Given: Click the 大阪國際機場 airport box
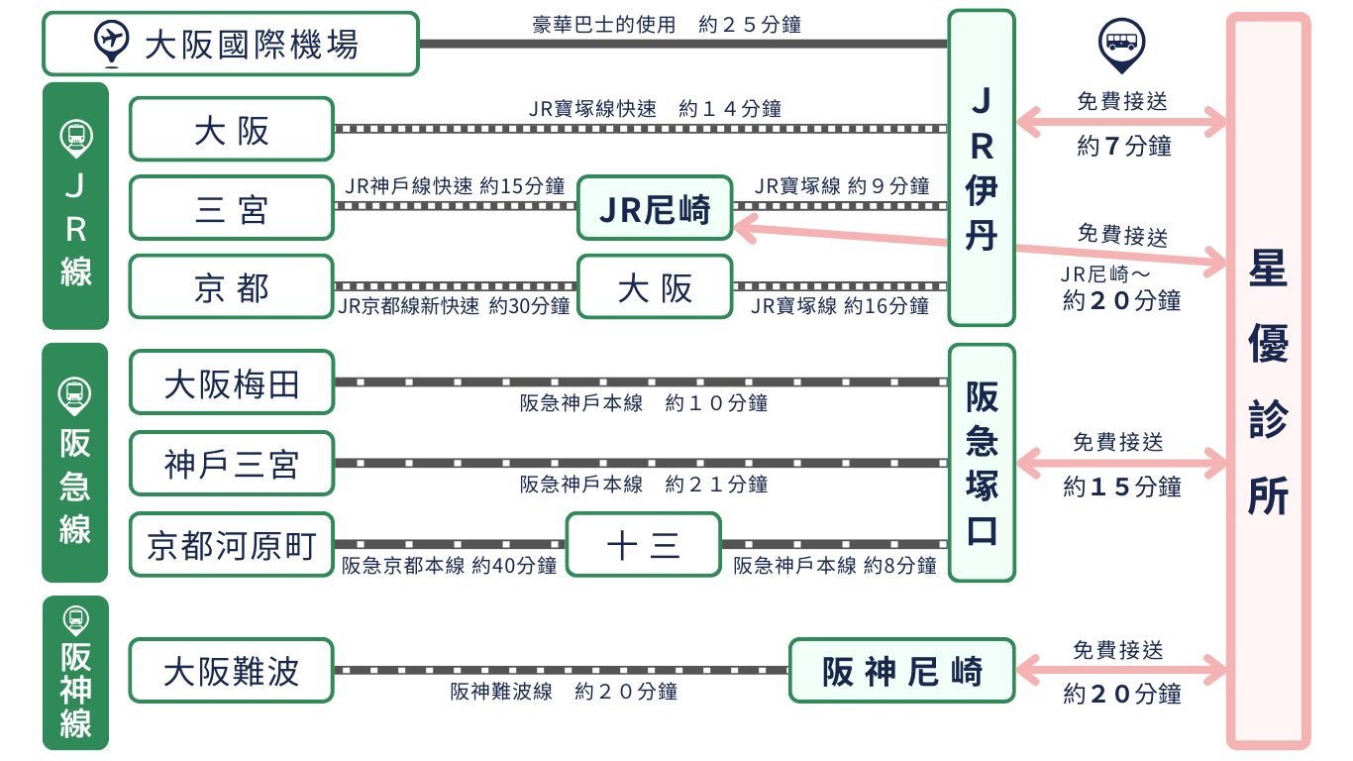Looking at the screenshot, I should [230, 44].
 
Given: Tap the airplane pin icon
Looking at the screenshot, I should [112, 42].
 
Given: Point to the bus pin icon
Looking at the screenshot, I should [1121, 45].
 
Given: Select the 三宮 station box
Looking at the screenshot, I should [231, 208].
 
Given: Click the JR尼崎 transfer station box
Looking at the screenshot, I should [655, 208].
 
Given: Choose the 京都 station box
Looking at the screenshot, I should [231, 287].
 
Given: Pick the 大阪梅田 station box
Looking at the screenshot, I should [231, 382].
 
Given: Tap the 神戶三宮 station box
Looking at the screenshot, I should [231, 464].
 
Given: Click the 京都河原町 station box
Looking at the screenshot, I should [231, 545].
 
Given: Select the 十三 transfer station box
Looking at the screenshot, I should [643, 545].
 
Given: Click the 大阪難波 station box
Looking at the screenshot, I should [231, 671].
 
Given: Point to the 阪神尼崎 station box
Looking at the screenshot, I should [901, 671].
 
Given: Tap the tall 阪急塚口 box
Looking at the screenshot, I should [981, 463].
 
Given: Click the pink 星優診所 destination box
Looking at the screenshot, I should [1268, 381].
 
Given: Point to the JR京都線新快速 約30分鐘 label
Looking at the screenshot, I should [454, 306].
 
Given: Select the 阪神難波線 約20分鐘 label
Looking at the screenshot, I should [564, 692].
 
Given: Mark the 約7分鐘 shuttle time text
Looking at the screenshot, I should [1123, 147].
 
